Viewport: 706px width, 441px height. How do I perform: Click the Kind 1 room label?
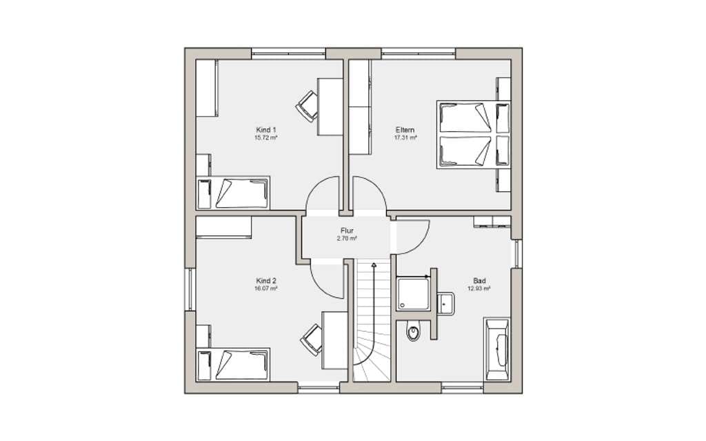[x=265, y=130]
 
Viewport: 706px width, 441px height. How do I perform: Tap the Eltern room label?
[x=405, y=130]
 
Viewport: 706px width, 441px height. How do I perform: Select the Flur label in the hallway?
[x=347, y=231]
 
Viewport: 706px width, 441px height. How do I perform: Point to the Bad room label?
[x=480, y=280]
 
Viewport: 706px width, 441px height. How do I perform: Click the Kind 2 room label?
[x=265, y=280]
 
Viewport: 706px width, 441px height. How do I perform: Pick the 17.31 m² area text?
[x=405, y=137]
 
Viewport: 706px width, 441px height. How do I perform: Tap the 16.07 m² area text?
[x=265, y=288]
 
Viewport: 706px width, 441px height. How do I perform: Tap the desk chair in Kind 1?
[x=307, y=106]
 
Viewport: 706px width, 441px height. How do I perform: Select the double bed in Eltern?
[x=473, y=135]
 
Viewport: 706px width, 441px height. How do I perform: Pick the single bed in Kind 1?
[x=233, y=193]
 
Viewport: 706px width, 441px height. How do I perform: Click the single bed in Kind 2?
[x=233, y=365]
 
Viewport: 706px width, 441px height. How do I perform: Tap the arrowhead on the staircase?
[x=374, y=265]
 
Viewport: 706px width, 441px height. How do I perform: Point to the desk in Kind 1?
[x=330, y=106]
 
